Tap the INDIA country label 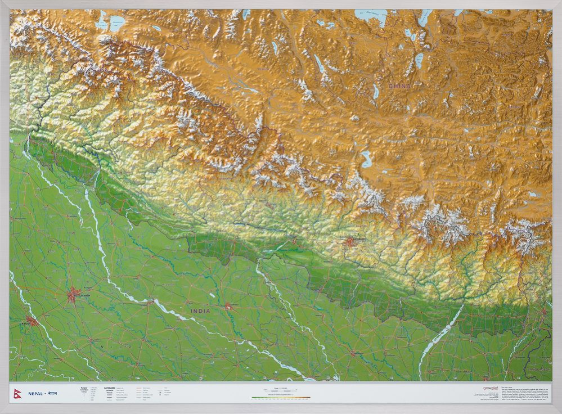pyautogui.click(x=200, y=310)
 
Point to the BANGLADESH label pyautogui.click(x=538, y=370)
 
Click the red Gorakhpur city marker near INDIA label pyautogui.click(x=229, y=307)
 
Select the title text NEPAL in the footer pyautogui.click(x=36, y=393)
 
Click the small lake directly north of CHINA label pyautogui.click(x=419, y=60)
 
